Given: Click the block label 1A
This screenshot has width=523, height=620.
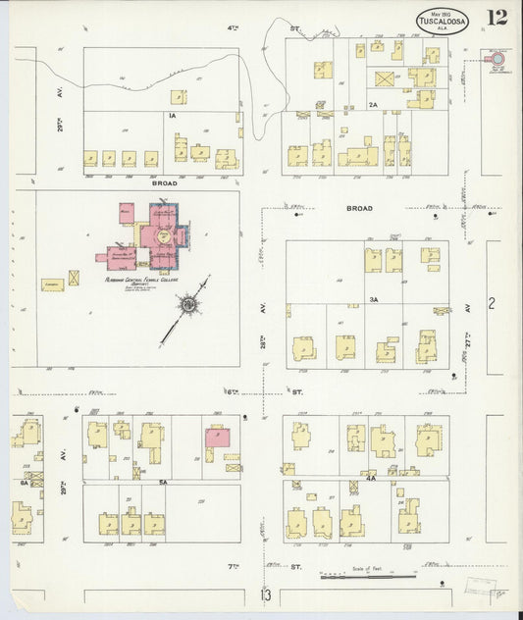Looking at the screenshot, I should pyautogui.click(x=172, y=116).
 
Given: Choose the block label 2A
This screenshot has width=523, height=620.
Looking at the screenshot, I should pyautogui.click(x=373, y=103).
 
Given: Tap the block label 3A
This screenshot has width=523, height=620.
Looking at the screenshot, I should pyautogui.click(x=373, y=298).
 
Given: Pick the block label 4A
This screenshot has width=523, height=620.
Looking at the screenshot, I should pyautogui.click(x=370, y=477).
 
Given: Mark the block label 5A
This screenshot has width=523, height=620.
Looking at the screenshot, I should pyautogui.click(x=164, y=482).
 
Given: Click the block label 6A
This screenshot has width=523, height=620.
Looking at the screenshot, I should pyautogui.click(x=23, y=482).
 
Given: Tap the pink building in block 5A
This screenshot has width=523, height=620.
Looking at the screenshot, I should pyautogui.click(x=218, y=438).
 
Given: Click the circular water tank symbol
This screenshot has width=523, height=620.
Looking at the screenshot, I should pyautogui.click(x=490, y=59).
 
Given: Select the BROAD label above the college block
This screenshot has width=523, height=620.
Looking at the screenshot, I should pyautogui.click(x=163, y=182).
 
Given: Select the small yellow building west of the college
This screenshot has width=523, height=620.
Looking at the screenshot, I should pyautogui.click(x=52, y=284).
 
